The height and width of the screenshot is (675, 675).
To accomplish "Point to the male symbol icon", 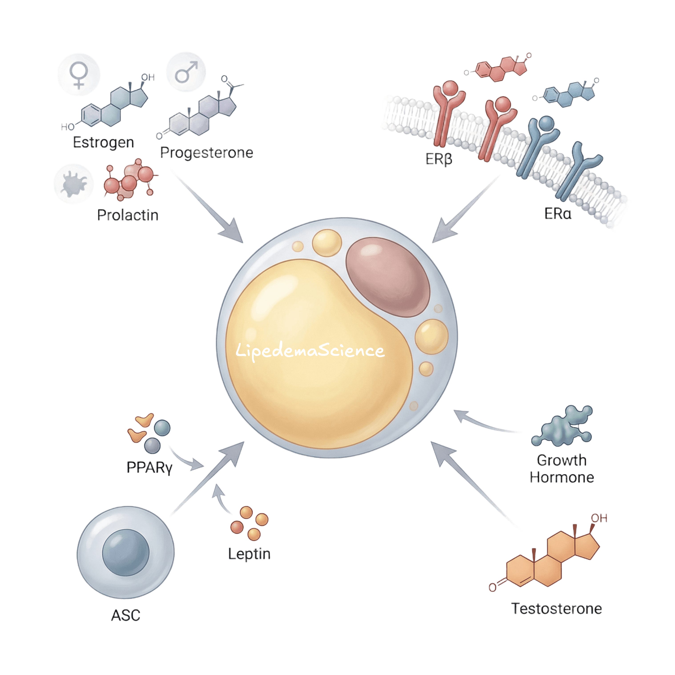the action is click(186, 72).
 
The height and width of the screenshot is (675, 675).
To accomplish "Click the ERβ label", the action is click(439, 159).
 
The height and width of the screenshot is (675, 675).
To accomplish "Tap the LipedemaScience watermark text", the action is click(310, 351).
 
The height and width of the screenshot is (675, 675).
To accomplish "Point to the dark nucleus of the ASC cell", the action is click(126, 552).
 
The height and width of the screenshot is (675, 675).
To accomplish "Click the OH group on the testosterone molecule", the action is click(599, 518).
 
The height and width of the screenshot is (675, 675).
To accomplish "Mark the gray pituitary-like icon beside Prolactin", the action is click(74, 184).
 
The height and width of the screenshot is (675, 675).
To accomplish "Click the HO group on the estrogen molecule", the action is click(68, 127).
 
